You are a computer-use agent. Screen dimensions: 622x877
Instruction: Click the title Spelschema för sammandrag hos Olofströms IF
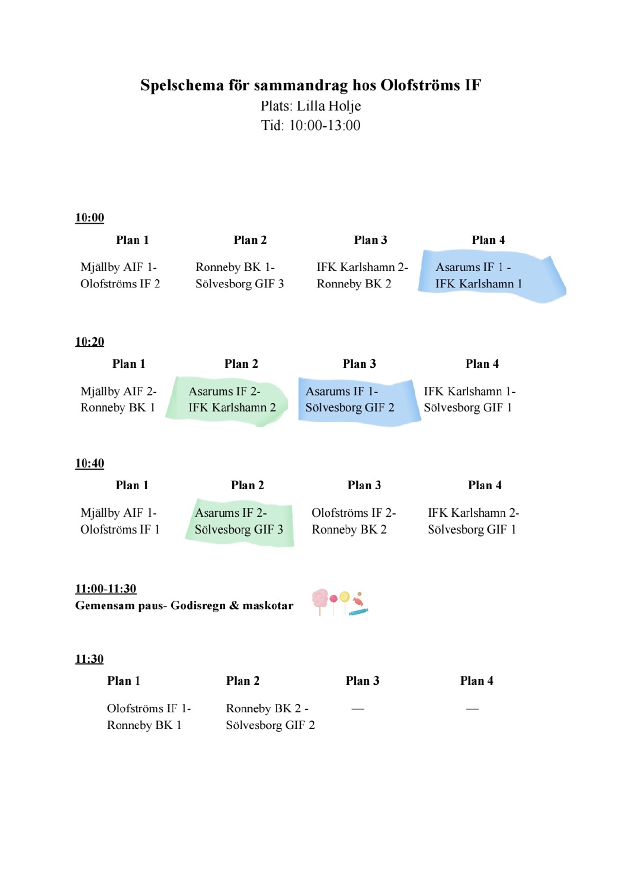click(x=311, y=85)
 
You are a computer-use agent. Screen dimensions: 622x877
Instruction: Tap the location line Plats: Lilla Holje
click(x=311, y=106)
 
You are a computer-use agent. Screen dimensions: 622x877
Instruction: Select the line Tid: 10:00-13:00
click(x=311, y=125)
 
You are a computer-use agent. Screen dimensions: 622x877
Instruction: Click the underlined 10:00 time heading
click(x=89, y=218)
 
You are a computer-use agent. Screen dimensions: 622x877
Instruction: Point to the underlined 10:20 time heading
click(x=89, y=342)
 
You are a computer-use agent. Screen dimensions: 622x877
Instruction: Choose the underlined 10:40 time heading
click(x=89, y=463)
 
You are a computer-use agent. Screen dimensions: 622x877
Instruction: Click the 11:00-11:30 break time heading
click(x=105, y=589)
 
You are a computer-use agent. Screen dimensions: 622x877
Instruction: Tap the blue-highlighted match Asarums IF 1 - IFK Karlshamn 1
click(x=479, y=275)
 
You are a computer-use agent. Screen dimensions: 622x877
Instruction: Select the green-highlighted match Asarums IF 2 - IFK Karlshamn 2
click(x=232, y=399)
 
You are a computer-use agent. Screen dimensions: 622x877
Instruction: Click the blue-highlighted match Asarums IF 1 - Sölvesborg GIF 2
click(x=349, y=399)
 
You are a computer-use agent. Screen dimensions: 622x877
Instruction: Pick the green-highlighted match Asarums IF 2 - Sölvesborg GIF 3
click(x=239, y=521)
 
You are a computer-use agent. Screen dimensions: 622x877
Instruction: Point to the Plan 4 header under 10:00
click(x=488, y=240)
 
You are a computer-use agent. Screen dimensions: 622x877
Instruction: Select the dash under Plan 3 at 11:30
click(x=358, y=709)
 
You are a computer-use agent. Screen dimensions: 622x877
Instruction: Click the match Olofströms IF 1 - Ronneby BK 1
click(x=149, y=717)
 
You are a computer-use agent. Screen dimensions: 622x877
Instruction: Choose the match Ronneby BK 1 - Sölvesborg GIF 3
click(x=240, y=275)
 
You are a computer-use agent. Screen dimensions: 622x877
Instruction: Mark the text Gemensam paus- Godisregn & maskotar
click(x=184, y=606)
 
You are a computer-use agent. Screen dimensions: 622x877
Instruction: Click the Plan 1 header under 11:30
click(x=123, y=681)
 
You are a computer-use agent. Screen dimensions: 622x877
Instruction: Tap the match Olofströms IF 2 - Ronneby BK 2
click(x=354, y=521)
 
